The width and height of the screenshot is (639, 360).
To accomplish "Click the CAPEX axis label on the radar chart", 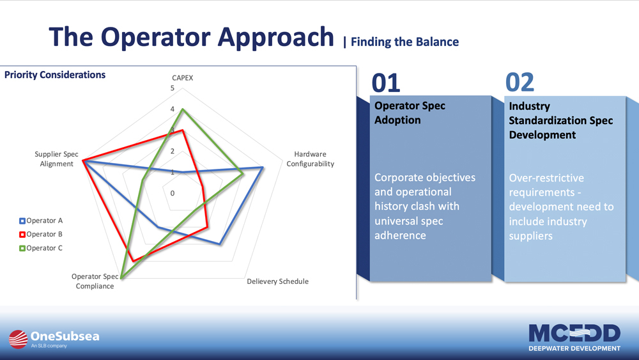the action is click(x=182, y=78).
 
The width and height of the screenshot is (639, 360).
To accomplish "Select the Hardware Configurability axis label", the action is click(x=310, y=159).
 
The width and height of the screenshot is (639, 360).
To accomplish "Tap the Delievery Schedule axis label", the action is click(x=277, y=281).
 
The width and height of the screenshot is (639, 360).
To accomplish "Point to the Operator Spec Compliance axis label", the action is click(x=95, y=281).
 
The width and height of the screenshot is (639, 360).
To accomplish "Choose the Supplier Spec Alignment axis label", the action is click(x=56, y=159).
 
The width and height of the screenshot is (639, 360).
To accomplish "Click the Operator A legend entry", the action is click(x=41, y=221).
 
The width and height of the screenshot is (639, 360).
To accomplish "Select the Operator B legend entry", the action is click(x=41, y=235).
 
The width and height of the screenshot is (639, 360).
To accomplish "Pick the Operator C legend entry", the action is click(x=41, y=248).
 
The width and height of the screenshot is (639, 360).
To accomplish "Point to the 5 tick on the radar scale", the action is click(x=173, y=88).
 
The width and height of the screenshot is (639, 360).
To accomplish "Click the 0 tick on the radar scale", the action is click(x=173, y=193).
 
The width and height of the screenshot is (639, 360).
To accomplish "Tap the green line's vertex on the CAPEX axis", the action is click(x=183, y=109).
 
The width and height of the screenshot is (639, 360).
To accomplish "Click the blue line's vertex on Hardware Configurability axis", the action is click(x=263, y=167).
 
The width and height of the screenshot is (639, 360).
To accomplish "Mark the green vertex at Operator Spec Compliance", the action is click(x=121, y=278).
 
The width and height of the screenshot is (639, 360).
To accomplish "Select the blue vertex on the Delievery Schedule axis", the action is click(x=220, y=244).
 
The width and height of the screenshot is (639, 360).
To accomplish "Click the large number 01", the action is click(x=386, y=82).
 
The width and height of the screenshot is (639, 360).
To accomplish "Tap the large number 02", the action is click(x=520, y=82).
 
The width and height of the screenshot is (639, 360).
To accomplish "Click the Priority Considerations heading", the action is click(x=55, y=75).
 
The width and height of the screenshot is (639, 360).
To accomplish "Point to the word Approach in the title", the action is click(x=275, y=38).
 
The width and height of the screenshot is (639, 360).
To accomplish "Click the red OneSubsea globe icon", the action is click(x=19, y=339).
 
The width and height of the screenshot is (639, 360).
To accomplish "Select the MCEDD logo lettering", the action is click(x=574, y=334).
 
